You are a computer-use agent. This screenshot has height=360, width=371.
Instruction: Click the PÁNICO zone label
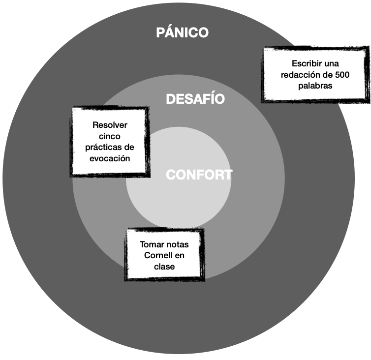[x=182, y=33]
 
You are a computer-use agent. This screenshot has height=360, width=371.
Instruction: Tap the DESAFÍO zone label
[x=195, y=99]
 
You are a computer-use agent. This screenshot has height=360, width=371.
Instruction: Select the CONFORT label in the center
[x=199, y=175]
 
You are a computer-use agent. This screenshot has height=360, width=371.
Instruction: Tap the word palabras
[x=315, y=86]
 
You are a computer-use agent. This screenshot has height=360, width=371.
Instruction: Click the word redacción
[x=300, y=75]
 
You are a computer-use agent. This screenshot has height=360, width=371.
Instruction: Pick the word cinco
[x=109, y=136]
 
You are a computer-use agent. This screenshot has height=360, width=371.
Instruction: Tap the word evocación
[x=110, y=158]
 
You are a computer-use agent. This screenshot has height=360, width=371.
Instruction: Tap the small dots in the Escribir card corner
[x=266, y=51]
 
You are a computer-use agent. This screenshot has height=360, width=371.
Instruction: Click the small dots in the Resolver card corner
[x=75, y=110]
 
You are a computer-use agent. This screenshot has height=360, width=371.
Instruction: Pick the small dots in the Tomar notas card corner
[x=129, y=231]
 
